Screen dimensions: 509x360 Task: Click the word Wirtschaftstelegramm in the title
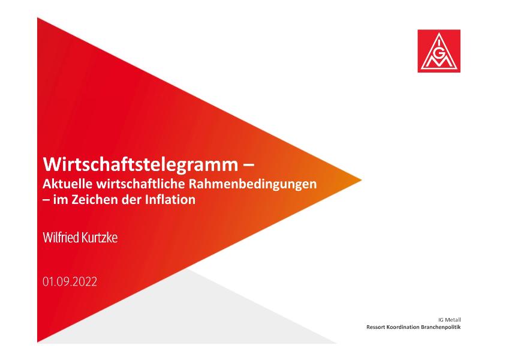140,165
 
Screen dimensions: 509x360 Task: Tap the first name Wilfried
61,238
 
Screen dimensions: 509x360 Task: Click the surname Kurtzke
100,238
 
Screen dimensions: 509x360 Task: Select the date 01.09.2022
70,281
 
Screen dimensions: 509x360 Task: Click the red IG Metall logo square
439,51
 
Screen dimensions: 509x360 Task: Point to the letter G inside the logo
439,54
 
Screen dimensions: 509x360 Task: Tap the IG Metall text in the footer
449,320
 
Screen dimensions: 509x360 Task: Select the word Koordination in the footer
402,327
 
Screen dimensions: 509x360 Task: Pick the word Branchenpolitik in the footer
441,327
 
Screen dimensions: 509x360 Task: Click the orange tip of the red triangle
361,179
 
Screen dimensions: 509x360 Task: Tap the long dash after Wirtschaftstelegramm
248,166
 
